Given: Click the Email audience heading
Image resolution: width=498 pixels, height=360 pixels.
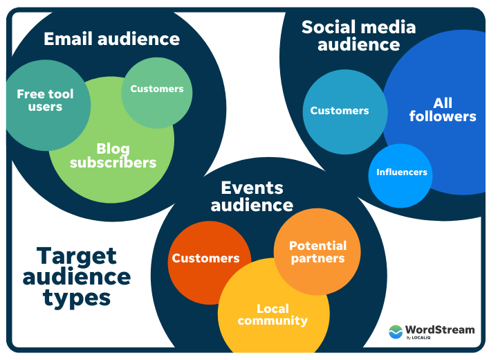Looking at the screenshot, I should [x=111, y=39].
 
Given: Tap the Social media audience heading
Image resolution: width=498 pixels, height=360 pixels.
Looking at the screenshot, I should [x=358, y=36].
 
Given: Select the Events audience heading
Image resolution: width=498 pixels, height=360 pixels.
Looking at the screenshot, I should [x=252, y=196].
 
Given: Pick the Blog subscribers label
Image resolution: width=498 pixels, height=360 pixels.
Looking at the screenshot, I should [x=113, y=156].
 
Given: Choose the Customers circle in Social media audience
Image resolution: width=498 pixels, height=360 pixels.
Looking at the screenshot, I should [x=340, y=111].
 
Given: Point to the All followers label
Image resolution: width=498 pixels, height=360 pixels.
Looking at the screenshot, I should [x=443, y=110].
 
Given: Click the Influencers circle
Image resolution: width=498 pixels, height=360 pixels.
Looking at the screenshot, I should [x=401, y=172].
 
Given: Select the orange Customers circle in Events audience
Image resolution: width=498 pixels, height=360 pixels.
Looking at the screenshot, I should [x=206, y=258].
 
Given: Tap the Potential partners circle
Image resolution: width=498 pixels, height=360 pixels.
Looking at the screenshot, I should [x=317, y=252].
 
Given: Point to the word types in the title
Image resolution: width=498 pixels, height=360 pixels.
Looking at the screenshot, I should [x=76, y=298].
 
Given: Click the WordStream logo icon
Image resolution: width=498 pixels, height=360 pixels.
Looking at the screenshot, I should [x=396, y=332].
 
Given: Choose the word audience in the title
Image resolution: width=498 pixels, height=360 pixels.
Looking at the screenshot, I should [x=76, y=277].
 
